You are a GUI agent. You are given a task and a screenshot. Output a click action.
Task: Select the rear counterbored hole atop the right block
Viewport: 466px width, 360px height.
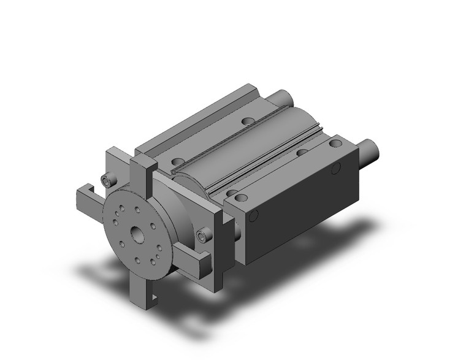coord(335,144)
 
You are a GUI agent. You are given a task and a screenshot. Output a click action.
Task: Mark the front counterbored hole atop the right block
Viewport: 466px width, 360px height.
coord(241,197)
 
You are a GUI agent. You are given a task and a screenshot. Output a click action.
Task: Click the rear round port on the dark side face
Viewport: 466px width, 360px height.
coord(335,169)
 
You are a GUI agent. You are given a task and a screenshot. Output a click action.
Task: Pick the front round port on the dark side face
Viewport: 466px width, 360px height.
coord(254,215)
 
